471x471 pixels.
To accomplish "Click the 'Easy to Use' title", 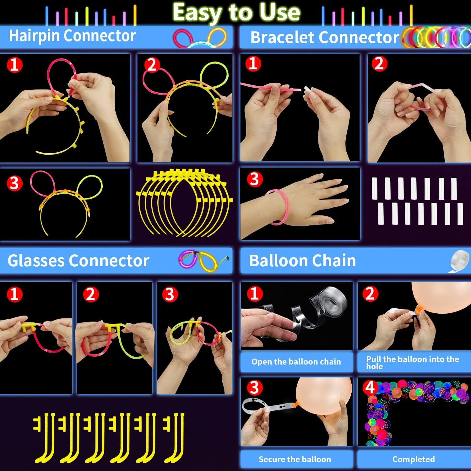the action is (236, 13).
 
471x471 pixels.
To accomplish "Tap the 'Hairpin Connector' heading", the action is (72, 36).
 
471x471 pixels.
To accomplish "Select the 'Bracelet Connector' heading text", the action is (325, 38).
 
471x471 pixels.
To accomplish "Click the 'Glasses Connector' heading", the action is (78, 261).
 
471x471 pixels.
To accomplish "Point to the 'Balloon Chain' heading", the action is (302, 261).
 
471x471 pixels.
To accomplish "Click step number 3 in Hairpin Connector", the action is (14, 183).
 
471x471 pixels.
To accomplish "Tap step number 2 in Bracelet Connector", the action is (379, 64).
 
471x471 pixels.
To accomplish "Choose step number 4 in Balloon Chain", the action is (370, 388).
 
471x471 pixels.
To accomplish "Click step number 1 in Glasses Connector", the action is (14, 295).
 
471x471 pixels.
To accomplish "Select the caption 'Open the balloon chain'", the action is (296, 362).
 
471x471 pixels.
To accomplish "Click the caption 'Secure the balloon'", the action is (295, 459).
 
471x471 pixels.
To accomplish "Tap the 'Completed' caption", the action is (414, 459).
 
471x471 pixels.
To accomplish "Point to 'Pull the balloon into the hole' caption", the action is (413, 362).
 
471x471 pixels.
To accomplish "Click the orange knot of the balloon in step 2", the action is (418, 310).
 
